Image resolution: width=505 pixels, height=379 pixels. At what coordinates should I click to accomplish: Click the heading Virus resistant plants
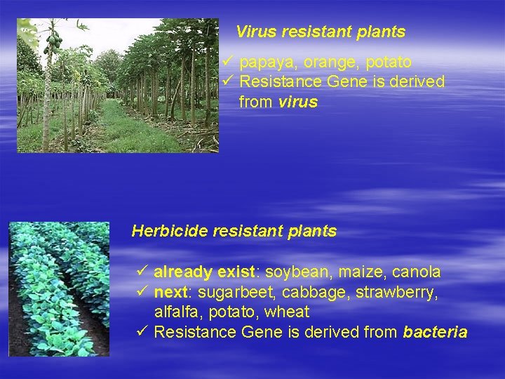point(321,32)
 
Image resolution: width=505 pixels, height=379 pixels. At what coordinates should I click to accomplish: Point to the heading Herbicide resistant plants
point(234,231)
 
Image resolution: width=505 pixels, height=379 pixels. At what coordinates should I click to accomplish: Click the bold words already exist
point(203,272)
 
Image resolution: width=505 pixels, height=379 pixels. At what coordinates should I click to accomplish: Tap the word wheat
point(288,312)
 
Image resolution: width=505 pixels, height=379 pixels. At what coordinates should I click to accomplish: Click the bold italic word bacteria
point(435,332)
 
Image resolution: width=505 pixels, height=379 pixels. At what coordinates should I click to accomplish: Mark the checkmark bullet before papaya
point(227,62)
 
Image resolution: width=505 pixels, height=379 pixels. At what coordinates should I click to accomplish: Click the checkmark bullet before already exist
point(141,271)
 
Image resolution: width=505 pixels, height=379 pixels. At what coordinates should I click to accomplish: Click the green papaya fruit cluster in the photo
point(52,42)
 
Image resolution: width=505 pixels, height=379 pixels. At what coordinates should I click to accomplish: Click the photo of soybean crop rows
point(59,288)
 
